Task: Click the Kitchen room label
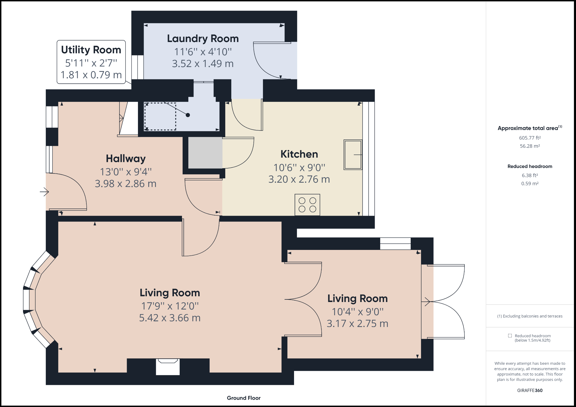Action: click(x=299, y=154)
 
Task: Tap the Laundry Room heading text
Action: click(x=203, y=39)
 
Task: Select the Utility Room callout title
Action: click(x=91, y=50)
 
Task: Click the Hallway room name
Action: click(x=126, y=158)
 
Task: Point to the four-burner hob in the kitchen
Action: click(x=307, y=205)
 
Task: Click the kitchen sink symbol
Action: click(x=353, y=155)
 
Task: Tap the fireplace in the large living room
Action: click(x=168, y=366)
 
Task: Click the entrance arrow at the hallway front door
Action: click(x=44, y=192)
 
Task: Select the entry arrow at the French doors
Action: click(x=427, y=302)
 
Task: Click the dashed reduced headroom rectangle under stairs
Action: click(x=160, y=116)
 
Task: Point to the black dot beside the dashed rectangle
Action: click(x=188, y=115)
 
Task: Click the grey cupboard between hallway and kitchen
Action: click(x=205, y=152)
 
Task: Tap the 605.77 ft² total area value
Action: click(x=530, y=138)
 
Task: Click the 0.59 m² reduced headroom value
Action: click(x=530, y=184)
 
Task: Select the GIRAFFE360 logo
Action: click(x=530, y=390)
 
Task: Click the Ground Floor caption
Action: click(x=244, y=398)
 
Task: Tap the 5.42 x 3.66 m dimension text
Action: click(x=170, y=318)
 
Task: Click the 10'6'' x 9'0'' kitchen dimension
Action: click(x=299, y=167)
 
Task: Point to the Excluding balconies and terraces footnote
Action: click(x=530, y=316)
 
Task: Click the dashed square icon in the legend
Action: click(x=510, y=336)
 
